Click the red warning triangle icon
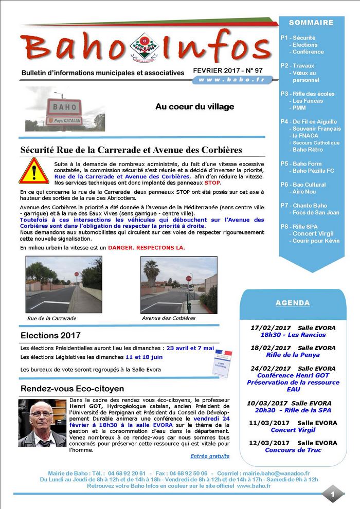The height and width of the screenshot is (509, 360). click(x=34, y=171)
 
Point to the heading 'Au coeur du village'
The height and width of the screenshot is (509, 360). click(x=194, y=107)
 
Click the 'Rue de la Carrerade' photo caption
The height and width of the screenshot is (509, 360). click(x=51, y=318)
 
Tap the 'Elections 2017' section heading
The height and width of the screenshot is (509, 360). click(x=50, y=336)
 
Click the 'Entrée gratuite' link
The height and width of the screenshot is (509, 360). click(x=210, y=456)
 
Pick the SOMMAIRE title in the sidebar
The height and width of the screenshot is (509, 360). click(x=311, y=23)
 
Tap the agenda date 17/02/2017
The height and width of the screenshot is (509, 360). click(x=270, y=328)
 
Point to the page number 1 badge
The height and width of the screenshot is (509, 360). click(x=333, y=494)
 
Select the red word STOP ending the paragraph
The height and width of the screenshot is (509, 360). click(x=212, y=183)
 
